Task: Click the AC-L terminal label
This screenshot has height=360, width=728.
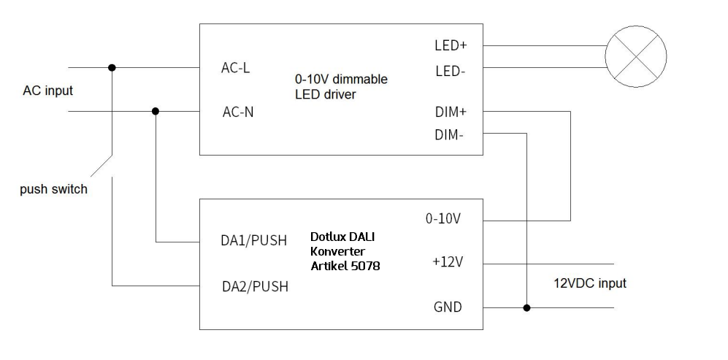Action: pos(235,68)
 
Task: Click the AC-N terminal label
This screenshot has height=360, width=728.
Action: pos(238,112)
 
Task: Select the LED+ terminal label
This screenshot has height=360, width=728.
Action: pos(450,45)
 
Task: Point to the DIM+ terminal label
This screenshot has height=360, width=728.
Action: pos(450,112)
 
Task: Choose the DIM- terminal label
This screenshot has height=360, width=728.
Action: pos(449,134)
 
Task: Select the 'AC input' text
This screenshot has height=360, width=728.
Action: pos(48,91)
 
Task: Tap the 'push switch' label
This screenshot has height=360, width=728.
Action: pos(54,189)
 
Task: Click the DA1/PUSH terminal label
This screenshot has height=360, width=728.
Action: pos(254,241)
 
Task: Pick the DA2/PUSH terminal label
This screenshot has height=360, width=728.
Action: pos(254,286)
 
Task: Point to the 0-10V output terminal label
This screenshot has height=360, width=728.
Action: pos(443,219)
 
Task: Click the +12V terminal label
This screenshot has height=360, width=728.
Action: pos(448,262)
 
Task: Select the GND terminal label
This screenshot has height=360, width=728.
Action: pos(448,307)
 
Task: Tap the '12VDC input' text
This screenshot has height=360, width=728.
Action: pos(589,283)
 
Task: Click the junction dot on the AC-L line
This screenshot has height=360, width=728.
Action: pos(112,68)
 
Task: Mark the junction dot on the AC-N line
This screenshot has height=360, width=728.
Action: pos(156,112)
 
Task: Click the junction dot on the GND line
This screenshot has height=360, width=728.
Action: pos(526,307)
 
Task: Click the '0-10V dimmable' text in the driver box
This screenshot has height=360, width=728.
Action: pos(340,79)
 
